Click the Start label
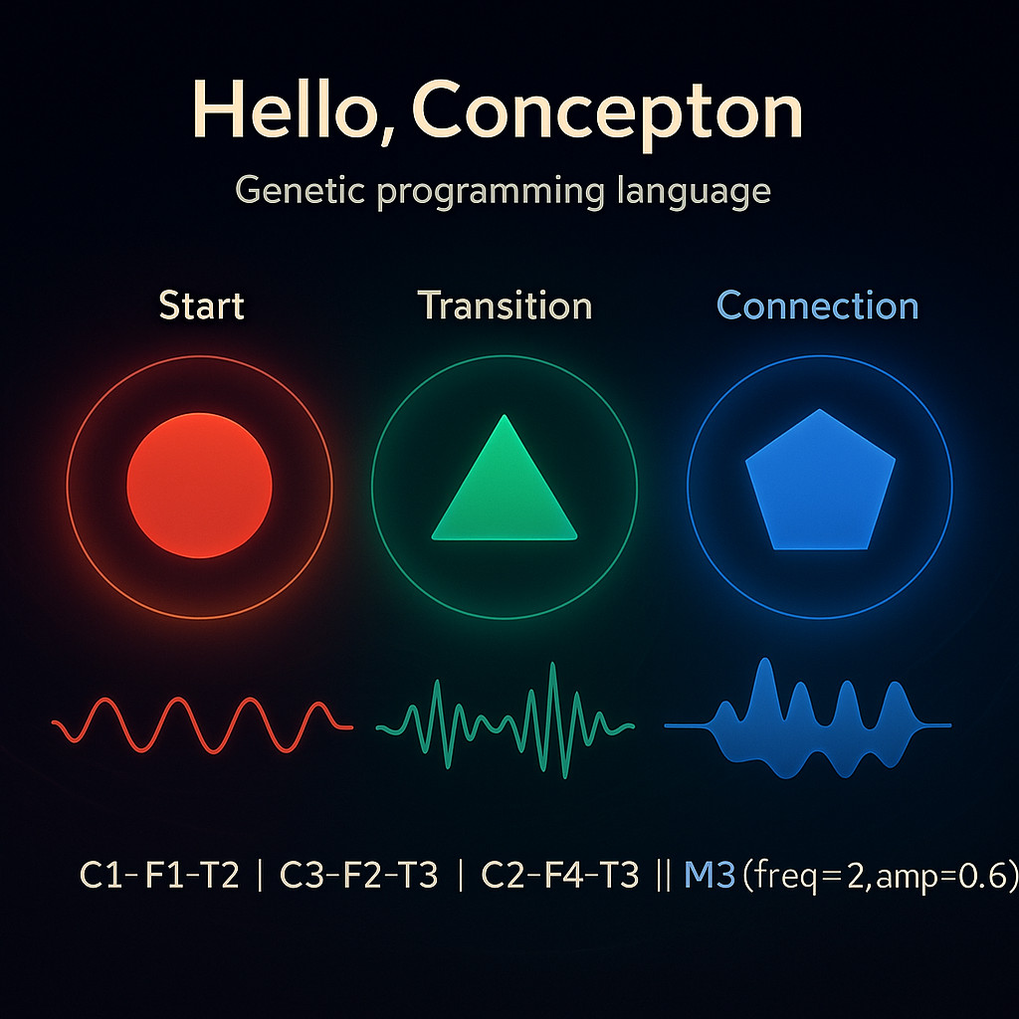tap(201, 306)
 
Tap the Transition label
tap(505, 306)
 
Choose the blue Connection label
tap(818, 306)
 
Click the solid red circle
tap(199, 486)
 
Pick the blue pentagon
tap(820, 481)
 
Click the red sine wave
tap(202, 725)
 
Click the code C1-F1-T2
tap(159, 875)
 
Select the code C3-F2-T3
tap(358, 875)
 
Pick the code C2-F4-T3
tap(559, 875)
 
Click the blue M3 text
tap(710, 875)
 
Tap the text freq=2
tap(808, 876)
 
